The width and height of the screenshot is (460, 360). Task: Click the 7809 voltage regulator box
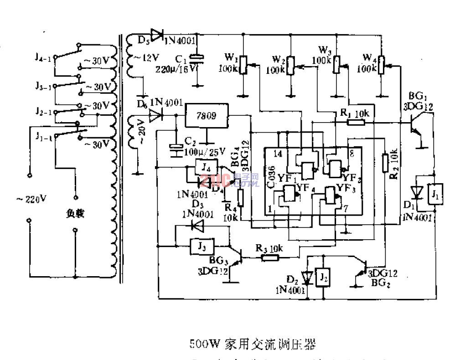[207, 116]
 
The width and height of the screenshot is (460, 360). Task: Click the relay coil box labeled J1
[434, 195]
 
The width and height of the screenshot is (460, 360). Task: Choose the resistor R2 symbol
[386, 162]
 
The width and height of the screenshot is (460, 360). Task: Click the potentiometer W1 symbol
[243, 65]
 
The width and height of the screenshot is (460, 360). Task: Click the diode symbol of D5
[158, 34]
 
